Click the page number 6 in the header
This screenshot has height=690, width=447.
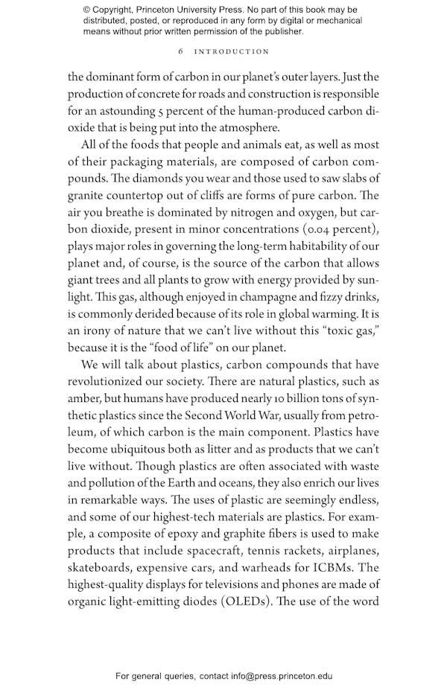[181, 52]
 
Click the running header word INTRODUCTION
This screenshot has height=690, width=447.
[232, 52]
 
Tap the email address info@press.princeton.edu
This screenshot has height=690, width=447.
[282, 676]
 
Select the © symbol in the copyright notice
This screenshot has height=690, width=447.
[88, 10]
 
